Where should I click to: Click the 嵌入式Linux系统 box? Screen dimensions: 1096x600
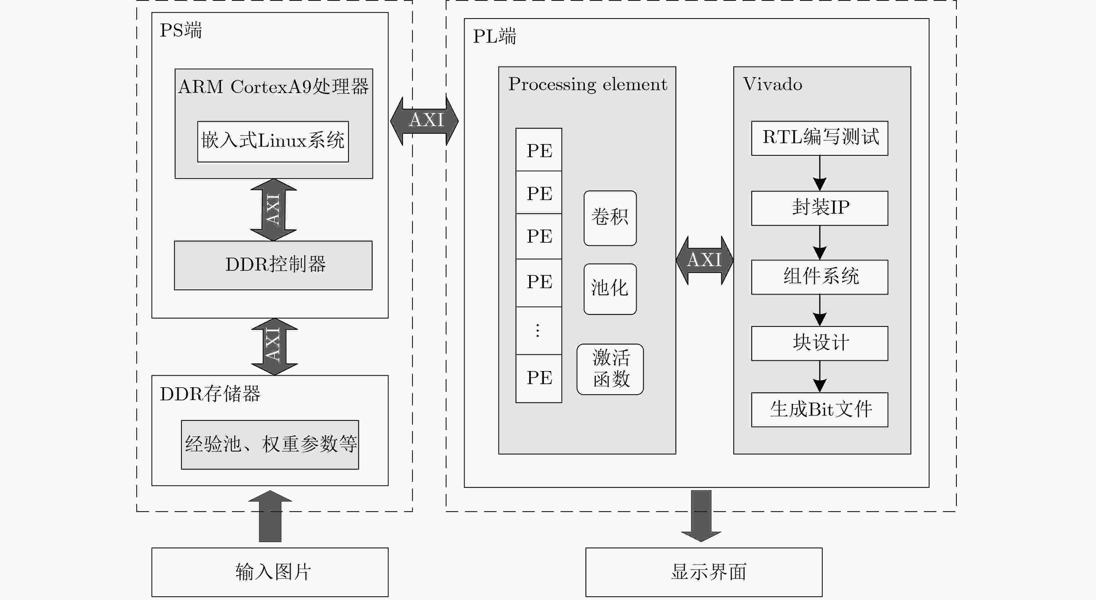[273, 142]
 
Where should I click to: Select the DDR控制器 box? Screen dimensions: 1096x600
[273, 265]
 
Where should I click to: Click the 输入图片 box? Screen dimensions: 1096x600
[270, 572]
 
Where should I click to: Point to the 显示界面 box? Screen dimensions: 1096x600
[704, 572]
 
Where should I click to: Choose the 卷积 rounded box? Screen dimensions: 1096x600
[610, 218]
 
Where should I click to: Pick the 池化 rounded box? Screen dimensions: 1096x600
[610, 289]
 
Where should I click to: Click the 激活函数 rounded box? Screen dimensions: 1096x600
[610, 369]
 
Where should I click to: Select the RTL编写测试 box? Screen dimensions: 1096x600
[819, 138]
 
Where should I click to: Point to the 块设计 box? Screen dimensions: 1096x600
[819, 343]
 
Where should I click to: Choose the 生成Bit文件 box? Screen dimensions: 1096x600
[819, 410]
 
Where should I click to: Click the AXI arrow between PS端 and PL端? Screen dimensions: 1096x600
[424, 121]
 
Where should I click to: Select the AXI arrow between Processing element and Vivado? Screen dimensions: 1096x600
[705, 260]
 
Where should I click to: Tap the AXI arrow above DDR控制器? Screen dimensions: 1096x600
[273, 210]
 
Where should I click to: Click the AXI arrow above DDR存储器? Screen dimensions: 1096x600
[274, 347]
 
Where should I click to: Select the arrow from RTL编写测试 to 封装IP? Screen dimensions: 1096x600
[819, 173]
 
